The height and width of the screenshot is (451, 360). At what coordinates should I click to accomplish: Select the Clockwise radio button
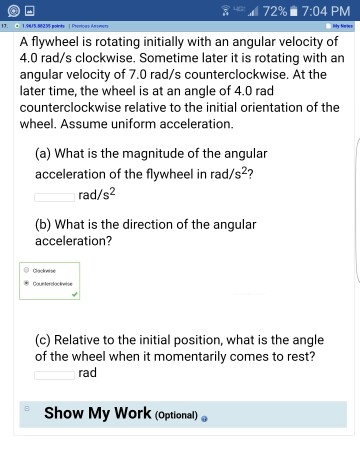(x=27, y=270)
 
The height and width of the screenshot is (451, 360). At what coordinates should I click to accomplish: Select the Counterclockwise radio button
(x=27, y=283)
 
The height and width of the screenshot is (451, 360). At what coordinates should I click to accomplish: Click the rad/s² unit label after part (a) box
(x=99, y=196)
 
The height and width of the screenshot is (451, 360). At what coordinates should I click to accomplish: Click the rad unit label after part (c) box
(x=87, y=373)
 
